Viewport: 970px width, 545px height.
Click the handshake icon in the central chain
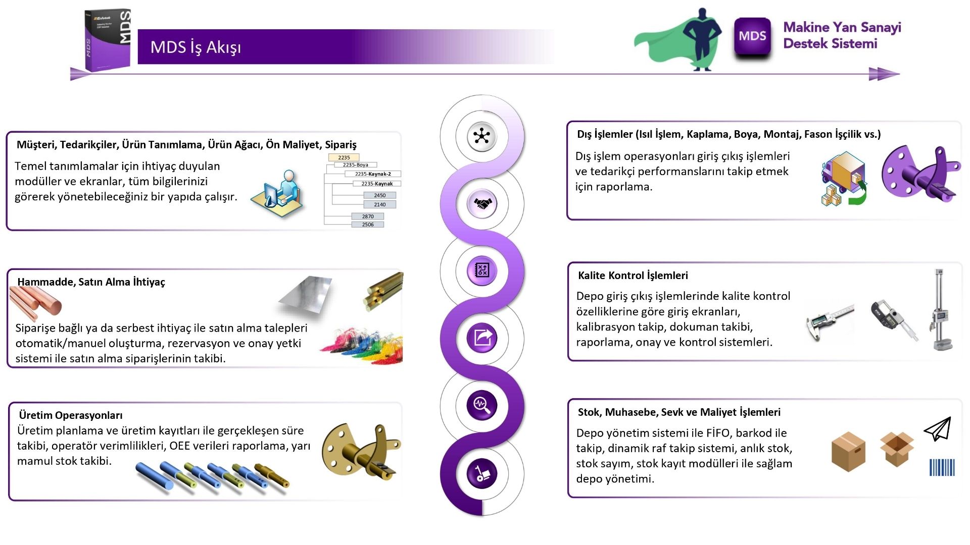[482, 204]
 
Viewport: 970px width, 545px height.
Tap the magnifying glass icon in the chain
[482, 405]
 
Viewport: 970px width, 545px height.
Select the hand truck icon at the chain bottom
[482, 473]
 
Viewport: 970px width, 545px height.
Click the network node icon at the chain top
[482, 136]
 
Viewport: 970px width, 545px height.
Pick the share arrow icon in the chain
[482, 338]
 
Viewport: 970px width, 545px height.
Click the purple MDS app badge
[752, 36]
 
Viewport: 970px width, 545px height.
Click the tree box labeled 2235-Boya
[356, 165]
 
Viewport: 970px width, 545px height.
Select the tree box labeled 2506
[368, 225]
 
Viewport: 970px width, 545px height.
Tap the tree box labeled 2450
[380, 195]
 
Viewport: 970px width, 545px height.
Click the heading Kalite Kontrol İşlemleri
[633, 276]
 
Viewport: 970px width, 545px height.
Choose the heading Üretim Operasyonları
[71, 415]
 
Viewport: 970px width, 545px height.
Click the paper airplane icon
[938, 428]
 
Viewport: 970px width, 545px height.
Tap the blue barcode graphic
[942, 467]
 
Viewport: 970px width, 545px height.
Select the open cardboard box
[897, 449]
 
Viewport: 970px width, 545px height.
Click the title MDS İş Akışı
[196, 47]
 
